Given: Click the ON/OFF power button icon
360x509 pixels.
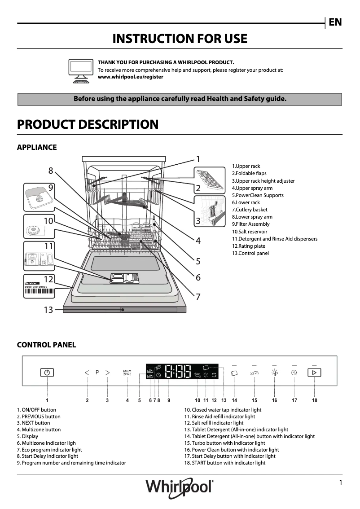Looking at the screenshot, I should pyautogui.click(x=47, y=373).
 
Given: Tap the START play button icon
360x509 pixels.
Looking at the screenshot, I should pyautogui.click(x=314, y=373).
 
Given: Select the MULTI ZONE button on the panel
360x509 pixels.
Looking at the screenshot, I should pyautogui.click(x=127, y=373).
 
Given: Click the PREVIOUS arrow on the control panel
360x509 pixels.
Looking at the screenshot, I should pyautogui.click(x=87, y=373).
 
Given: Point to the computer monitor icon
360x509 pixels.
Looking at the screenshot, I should pyautogui.click(x=81, y=70).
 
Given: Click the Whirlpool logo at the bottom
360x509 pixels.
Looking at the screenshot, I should pyautogui.click(x=180, y=487).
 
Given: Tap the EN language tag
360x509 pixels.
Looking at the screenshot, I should pyautogui.click(x=335, y=22).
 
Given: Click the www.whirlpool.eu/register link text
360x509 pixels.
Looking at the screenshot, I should pyautogui.click(x=131, y=77).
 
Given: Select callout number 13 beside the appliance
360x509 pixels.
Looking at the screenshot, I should pyautogui.click(x=48, y=310).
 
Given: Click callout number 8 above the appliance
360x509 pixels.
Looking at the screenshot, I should pyautogui.click(x=51, y=171).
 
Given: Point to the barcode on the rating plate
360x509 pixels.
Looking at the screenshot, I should pyautogui.click(x=39, y=291).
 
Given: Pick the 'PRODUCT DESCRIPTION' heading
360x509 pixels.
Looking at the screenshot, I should pyautogui.click(x=88, y=124).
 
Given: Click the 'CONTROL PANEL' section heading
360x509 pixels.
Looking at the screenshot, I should pyautogui.click(x=46, y=345).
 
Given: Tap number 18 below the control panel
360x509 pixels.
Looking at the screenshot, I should pyautogui.click(x=315, y=400).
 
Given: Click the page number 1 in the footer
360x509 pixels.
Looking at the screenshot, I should pyautogui.click(x=341, y=483).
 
